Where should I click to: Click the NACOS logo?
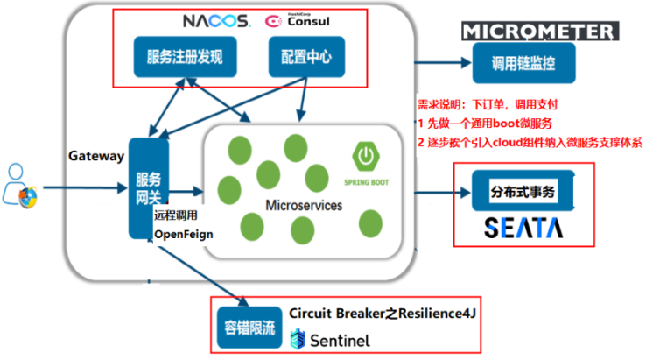pos(215,20)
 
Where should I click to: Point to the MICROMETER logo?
pos(537,32)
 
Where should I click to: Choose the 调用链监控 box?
pos(524,62)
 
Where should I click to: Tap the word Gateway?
pos(96,156)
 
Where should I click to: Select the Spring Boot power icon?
pos(365,158)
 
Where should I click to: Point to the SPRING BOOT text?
pos(365,182)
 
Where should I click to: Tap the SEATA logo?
pos(524,228)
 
